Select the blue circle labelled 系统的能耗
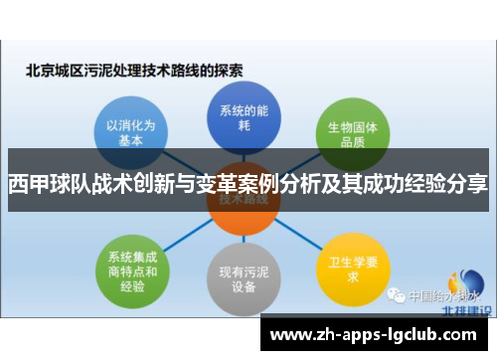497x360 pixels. [x=239, y=116]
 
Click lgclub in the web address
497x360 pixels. [x=414, y=335]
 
